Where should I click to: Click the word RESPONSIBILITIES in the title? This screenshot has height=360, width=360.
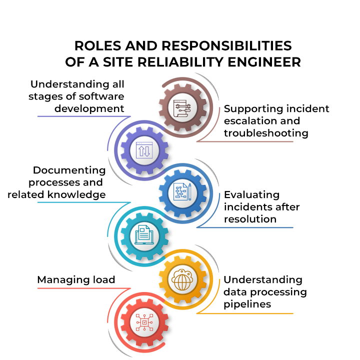point(226,45)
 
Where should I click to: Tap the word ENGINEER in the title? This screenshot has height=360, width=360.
point(264,62)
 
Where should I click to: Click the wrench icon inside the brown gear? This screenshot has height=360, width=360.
point(182,107)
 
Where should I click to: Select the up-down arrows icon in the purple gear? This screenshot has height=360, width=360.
point(144,150)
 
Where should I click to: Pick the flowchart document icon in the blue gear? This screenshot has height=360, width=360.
point(182,191)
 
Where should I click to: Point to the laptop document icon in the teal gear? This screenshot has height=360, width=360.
point(144,235)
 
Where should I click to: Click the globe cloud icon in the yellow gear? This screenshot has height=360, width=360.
point(182,279)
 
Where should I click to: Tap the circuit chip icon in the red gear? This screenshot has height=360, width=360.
point(144,322)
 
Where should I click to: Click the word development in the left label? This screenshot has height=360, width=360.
point(89,109)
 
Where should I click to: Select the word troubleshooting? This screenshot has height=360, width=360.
point(266,133)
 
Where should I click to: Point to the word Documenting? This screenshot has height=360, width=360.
point(69,170)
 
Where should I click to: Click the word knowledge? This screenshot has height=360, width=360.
point(76,194)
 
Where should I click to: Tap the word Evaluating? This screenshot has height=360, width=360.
point(252,195)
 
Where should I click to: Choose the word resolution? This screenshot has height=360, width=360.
point(250,219)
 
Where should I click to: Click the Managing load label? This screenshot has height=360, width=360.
point(76,280)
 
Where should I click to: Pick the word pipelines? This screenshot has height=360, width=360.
point(247,304)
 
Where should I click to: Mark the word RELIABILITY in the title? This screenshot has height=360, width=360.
point(180,62)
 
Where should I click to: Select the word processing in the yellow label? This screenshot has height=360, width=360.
point(278,292)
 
